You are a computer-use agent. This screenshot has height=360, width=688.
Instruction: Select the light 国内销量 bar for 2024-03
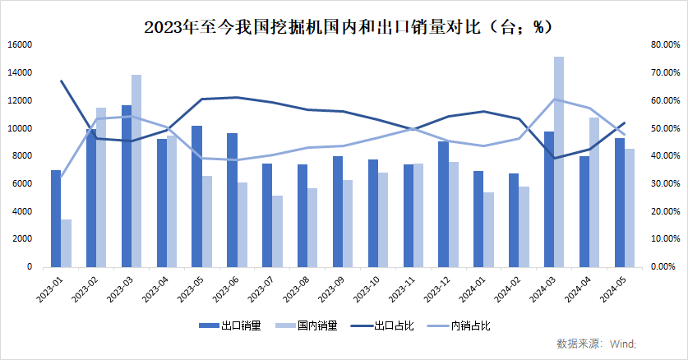pyautogui.click(x=559, y=162)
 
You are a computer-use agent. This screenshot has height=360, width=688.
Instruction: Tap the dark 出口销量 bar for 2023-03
pyautogui.click(x=127, y=186)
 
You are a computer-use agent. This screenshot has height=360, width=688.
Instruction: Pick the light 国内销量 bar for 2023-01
pyautogui.click(x=66, y=242)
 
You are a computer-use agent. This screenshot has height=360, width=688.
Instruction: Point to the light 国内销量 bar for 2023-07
pyautogui.click(x=277, y=231)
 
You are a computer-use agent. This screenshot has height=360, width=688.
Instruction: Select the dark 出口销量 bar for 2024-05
pyautogui.click(x=619, y=202)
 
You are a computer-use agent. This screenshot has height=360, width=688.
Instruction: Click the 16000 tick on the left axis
pyautogui.click(x=20, y=45)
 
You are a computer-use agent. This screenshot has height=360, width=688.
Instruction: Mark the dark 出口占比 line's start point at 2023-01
pyautogui.click(x=61, y=81)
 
